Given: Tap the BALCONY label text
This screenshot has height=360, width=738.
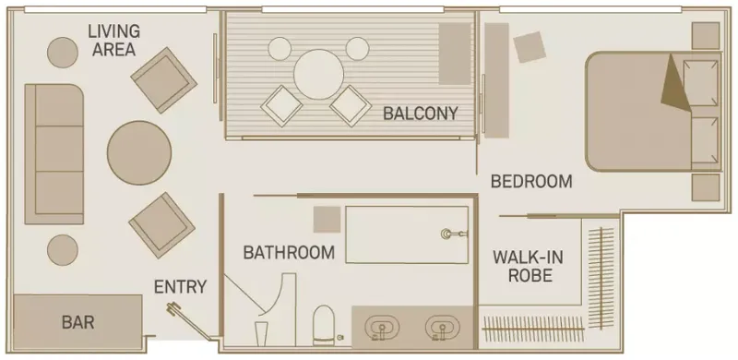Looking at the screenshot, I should pos(421,114).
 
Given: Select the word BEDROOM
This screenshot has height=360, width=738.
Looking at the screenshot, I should pos(530,181).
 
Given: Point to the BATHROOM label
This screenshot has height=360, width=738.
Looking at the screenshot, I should pos(288,252).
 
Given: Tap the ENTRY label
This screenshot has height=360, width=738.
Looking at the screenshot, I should pos(180,286).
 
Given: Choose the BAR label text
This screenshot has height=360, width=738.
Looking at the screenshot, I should pos(77,323).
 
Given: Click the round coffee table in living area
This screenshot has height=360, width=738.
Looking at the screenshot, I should pos(138,152).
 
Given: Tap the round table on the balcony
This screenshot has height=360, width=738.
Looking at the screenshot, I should pos(318,72).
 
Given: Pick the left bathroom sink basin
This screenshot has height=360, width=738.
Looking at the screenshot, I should pos(380,328).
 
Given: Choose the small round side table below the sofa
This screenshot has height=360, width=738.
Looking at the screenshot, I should pos(63,247).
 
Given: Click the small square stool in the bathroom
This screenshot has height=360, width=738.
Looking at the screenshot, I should pos(327,220).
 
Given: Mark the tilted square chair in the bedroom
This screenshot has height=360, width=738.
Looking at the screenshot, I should pos(530,46).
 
